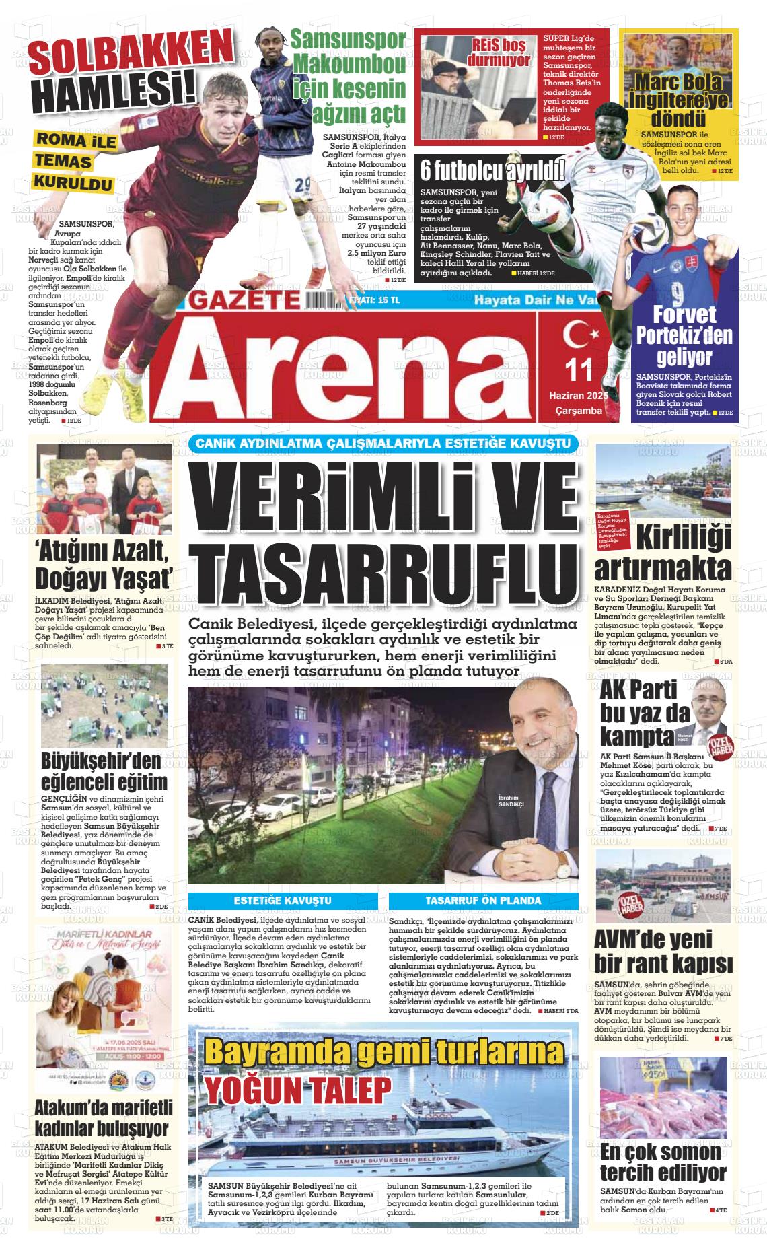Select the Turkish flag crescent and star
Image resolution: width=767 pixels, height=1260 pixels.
point(577,334)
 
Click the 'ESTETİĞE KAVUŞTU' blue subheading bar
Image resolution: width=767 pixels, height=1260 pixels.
point(283,900)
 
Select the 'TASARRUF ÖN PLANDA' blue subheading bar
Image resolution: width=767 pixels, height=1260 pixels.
point(483,900)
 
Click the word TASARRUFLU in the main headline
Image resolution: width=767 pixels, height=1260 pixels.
point(383,569)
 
